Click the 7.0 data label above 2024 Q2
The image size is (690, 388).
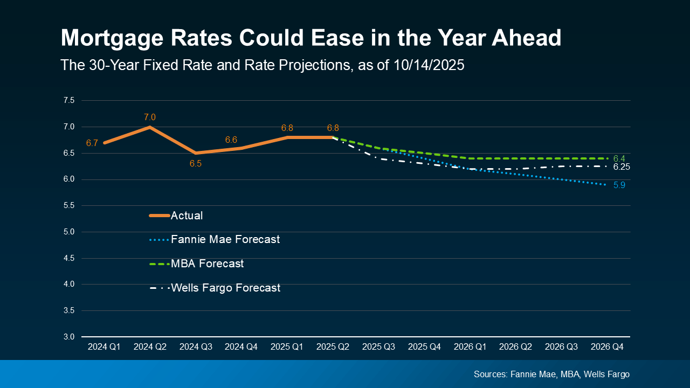[x=149, y=117]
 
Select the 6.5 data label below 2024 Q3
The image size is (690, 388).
[x=195, y=163]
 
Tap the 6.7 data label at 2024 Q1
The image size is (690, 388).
[x=92, y=143]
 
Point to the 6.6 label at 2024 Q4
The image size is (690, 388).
[x=231, y=140]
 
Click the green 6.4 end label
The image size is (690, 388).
[x=619, y=158]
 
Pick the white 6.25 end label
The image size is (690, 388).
[x=622, y=167]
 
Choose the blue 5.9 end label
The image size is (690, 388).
[x=619, y=185]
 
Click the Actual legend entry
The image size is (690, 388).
[x=187, y=216]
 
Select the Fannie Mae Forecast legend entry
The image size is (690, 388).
[x=225, y=239]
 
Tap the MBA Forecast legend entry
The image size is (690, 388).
[x=207, y=264]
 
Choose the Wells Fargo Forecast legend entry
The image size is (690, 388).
[x=225, y=288]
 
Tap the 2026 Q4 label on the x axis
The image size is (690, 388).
[x=607, y=348]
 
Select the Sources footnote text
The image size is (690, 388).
[x=551, y=374]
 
